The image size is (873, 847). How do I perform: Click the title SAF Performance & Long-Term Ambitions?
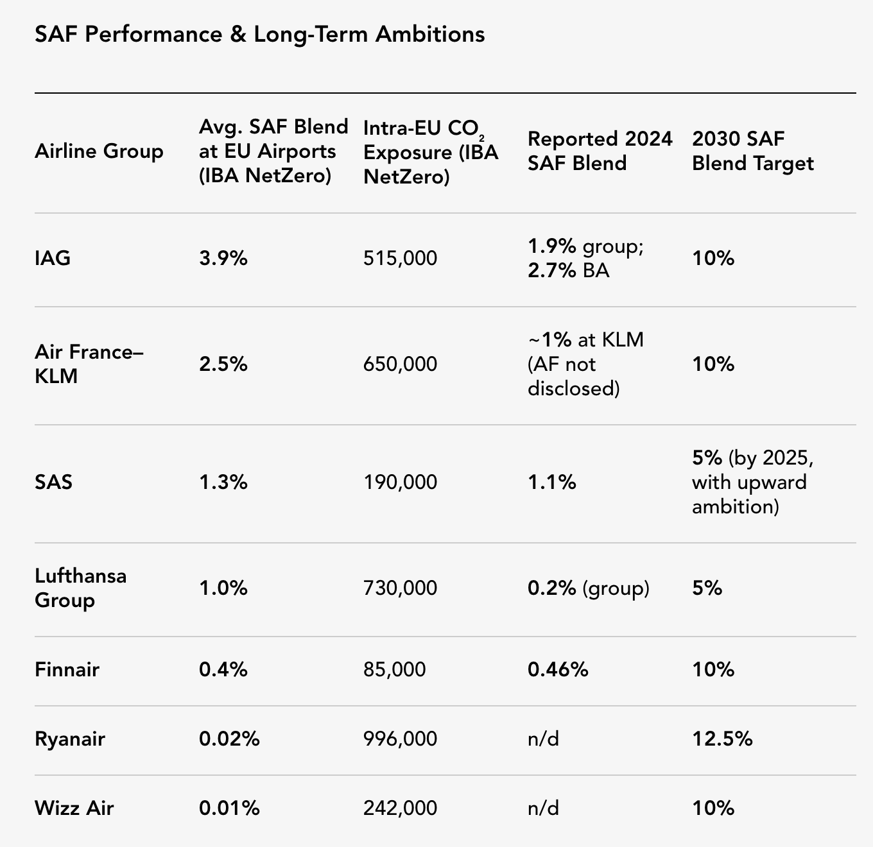(x=260, y=35)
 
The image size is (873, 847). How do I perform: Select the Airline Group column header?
(x=99, y=151)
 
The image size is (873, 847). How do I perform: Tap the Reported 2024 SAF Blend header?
(x=600, y=151)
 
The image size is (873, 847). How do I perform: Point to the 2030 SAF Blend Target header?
(x=753, y=151)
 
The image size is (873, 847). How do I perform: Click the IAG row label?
(x=53, y=258)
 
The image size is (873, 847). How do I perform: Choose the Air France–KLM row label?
(x=89, y=364)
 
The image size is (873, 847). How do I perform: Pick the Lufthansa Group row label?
(x=81, y=588)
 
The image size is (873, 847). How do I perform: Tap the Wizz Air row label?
(x=74, y=808)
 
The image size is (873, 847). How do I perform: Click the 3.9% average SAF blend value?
(x=223, y=258)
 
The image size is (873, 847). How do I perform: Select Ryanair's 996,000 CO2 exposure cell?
(x=400, y=739)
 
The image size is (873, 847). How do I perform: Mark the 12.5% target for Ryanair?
(x=722, y=739)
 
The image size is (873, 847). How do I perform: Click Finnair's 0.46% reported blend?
(x=558, y=669)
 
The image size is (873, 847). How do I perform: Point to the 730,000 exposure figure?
(x=400, y=588)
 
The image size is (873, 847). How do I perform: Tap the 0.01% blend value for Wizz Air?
(x=229, y=808)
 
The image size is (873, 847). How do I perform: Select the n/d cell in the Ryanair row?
(x=543, y=739)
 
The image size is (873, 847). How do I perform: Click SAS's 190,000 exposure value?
(x=400, y=483)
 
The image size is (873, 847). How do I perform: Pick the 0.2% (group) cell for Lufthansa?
(x=589, y=588)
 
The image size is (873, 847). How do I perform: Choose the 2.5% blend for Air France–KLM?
(x=223, y=364)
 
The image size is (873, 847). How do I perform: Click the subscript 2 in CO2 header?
(x=481, y=139)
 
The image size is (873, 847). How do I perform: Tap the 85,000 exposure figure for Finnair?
(x=394, y=669)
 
